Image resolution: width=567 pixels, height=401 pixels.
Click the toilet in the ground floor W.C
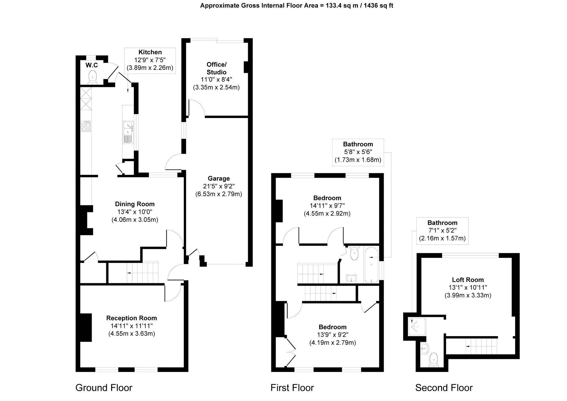click(93, 77)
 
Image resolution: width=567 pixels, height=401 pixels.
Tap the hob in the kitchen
click(86, 126)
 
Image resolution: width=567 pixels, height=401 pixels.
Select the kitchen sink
click(128, 132)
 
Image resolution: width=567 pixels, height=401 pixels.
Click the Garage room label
click(219, 178)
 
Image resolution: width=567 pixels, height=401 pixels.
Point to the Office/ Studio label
click(216, 68)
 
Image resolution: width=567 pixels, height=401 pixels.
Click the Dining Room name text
click(135, 204)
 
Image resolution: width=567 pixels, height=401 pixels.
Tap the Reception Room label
click(132, 318)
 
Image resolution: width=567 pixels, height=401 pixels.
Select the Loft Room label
click(468, 280)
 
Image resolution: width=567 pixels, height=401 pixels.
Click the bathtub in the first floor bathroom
click(371, 265)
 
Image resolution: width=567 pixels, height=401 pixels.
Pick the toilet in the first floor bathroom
click(354, 253)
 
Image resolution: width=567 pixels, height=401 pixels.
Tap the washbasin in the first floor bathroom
click(352, 278)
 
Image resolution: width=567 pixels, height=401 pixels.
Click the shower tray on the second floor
click(417, 327)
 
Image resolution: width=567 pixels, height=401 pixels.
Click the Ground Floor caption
click(104, 388)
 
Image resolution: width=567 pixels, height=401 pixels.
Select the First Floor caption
click(292, 388)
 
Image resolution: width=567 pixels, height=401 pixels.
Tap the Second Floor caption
click(444, 388)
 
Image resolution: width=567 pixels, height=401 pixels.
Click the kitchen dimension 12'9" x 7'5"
click(150, 60)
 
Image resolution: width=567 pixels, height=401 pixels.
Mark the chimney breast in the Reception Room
click(86, 327)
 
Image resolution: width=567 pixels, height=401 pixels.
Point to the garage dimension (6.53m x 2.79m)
click(219, 194)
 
